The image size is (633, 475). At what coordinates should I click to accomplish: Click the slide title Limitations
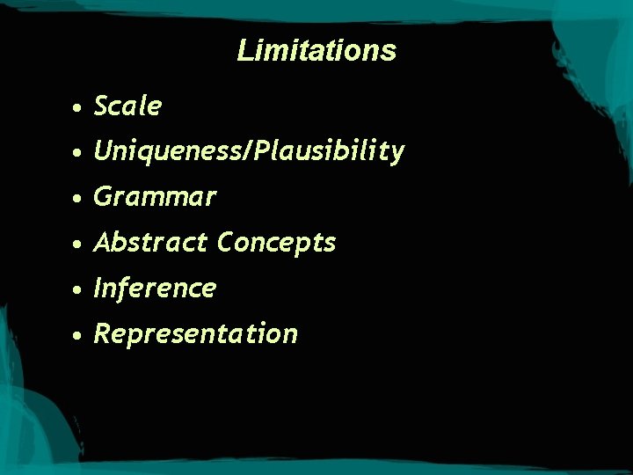tap(316, 50)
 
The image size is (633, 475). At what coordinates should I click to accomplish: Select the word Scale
tap(127, 106)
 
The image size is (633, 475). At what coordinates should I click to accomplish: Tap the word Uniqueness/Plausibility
tap(249, 151)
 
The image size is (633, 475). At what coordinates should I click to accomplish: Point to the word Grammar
tap(154, 197)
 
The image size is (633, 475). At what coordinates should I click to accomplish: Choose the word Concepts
tap(277, 243)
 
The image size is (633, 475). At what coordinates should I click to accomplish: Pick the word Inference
tap(154, 288)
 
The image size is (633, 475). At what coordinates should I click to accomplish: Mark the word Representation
tap(195, 334)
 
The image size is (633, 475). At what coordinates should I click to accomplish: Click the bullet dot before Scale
tap(79, 108)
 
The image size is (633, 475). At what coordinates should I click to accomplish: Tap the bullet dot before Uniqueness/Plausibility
tap(79, 153)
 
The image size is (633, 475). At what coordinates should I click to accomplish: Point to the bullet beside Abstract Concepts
tap(79, 244)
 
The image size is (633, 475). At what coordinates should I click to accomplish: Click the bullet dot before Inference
tap(79, 289)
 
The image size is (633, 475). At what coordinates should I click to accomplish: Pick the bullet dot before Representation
tap(79, 335)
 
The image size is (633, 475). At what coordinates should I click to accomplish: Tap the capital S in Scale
tap(102, 106)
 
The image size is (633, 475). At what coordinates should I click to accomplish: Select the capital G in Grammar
tap(103, 197)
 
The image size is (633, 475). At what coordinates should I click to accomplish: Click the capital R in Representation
tap(103, 334)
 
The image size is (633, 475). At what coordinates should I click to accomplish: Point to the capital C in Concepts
tap(226, 242)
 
